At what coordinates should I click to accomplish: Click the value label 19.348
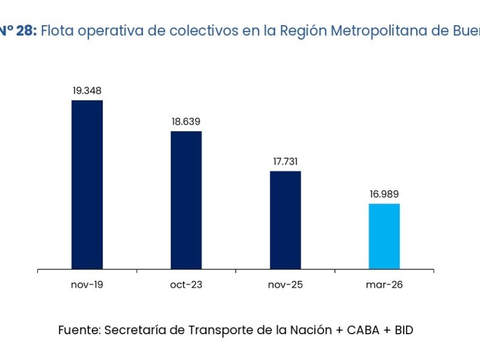tap(87, 91)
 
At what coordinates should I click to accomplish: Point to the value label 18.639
tap(186, 122)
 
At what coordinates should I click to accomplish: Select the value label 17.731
tap(285, 161)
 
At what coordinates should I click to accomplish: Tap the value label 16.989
tap(384, 194)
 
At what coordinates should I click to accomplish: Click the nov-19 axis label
tap(87, 284)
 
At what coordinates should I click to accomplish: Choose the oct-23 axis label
tap(186, 284)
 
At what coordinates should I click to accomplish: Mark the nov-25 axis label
tap(285, 284)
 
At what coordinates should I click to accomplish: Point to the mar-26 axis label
tap(384, 284)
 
